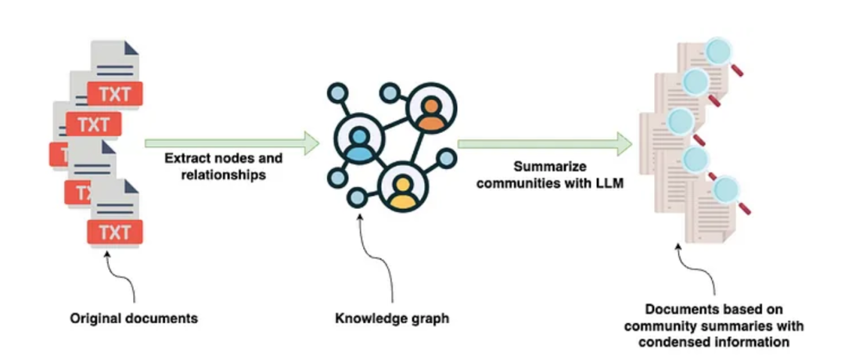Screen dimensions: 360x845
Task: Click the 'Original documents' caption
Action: [x=134, y=319]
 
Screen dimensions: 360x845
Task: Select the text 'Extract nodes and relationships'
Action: [x=223, y=166]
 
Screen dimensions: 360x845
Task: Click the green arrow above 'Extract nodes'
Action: [x=232, y=143]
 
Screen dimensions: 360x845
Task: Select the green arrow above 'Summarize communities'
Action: [x=545, y=143]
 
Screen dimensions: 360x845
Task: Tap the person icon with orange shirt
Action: [x=430, y=113]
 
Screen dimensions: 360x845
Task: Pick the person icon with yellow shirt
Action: [x=403, y=187]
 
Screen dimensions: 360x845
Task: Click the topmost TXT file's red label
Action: [x=115, y=95]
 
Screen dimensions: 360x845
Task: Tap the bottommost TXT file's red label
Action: [x=115, y=232]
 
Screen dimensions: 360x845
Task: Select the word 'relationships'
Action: [x=223, y=175]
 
